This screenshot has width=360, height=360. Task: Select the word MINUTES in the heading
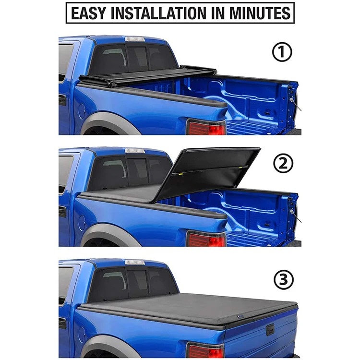click(260, 13)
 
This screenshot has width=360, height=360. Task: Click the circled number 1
click(282, 52)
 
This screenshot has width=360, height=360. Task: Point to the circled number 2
click(283, 164)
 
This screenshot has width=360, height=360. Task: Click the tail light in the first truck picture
click(206, 127)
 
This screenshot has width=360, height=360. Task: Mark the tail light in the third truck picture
click(205, 350)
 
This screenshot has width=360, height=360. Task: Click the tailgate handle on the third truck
click(270, 329)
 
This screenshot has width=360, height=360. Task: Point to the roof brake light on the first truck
click(135, 39)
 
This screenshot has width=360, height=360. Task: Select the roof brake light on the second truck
click(135, 151)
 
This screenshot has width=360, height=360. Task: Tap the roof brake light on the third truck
click(135, 262)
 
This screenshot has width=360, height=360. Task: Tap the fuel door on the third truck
click(82, 335)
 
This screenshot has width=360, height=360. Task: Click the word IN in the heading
click(218, 13)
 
